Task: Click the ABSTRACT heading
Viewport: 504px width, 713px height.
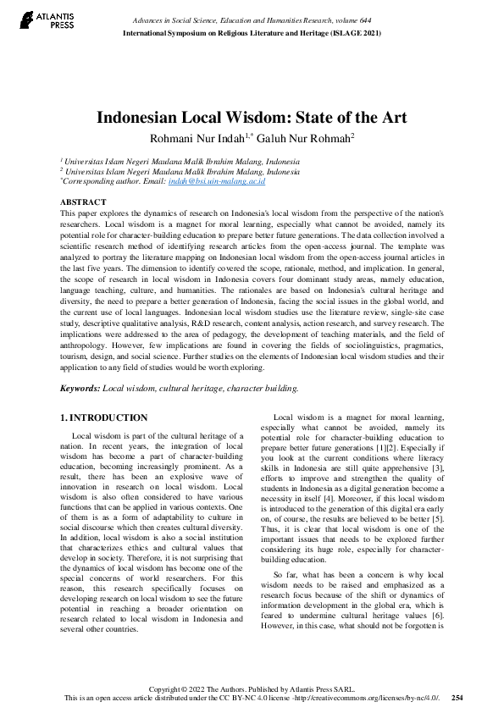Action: coord(83,202)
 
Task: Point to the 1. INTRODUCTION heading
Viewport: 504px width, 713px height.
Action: coord(104,417)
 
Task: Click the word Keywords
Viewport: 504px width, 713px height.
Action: coord(79,388)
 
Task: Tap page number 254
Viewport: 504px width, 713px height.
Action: coord(457,697)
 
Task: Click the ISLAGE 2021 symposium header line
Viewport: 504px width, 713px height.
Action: coord(252,31)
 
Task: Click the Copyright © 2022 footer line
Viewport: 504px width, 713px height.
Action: coord(252,688)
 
